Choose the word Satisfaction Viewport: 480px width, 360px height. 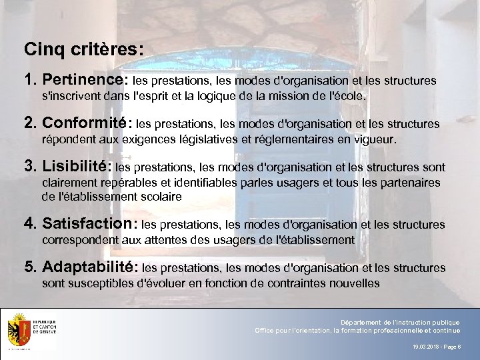(x=89, y=224)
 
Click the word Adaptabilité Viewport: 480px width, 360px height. (x=90, y=267)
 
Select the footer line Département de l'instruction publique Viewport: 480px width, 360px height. (x=400, y=323)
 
